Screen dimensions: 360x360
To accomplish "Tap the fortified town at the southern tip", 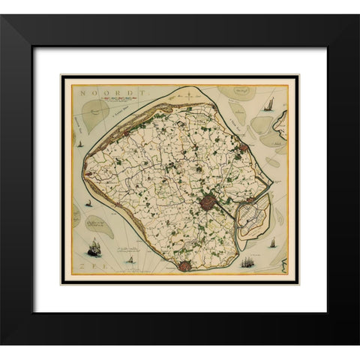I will (184, 265).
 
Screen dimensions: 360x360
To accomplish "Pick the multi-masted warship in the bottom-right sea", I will (248, 263).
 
